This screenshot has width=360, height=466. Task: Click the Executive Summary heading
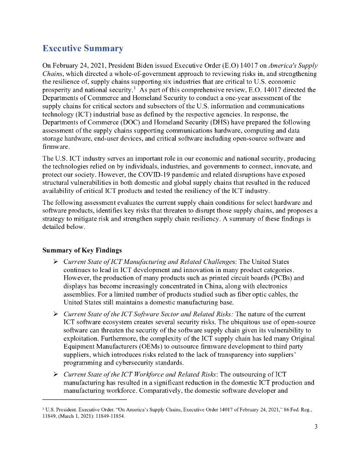click(83, 49)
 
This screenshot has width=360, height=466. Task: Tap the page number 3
click(316, 426)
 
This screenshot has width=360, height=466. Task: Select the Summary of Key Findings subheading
click(82, 250)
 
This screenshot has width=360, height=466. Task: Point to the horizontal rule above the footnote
click(85, 400)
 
